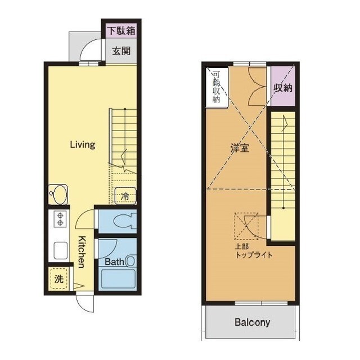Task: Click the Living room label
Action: [83, 145]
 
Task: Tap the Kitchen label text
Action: [82, 251]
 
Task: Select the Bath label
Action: [114, 262]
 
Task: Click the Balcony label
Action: [252, 322]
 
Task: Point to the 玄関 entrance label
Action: [121, 51]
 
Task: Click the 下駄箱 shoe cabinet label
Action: [121, 31]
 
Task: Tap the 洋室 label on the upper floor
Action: [240, 148]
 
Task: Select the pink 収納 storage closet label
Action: [283, 88]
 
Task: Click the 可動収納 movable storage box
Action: [217, 87]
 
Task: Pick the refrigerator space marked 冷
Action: [125, 196]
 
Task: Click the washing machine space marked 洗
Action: [58, 279]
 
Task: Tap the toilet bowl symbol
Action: [125, 221]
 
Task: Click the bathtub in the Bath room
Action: [118, 279]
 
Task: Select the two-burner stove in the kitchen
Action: [60, 219]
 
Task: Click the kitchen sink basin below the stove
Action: [61, 250]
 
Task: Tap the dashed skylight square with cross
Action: [246, 226]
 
